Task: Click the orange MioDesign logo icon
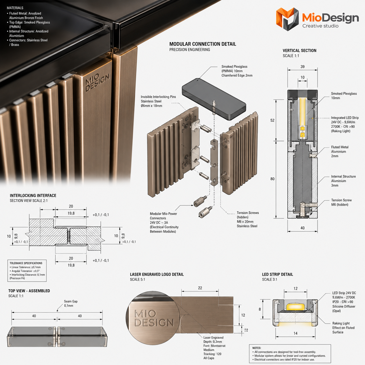click(x=287, y=19)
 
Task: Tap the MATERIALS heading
click(x=15, y=8)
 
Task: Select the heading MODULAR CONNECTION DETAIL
click(x=203, y=44)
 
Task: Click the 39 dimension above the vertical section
click(x=302, y=67)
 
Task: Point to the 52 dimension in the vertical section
click(x=272, y=120)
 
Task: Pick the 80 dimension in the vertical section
click(x=272, y=179)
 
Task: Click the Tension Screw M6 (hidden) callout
click(x=341, y=202)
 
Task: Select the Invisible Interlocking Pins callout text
click(x=158, y=101)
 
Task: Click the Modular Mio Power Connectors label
click(x=164, y=216)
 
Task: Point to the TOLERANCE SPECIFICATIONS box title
click(x=26, y=263)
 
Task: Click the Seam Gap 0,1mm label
click(x=70, y=304)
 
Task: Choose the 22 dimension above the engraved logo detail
click(x=200, y=288)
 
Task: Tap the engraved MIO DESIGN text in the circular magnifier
click(x=154, y=318)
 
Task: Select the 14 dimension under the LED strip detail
click(x=295, y=333)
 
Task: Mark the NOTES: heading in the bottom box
click(x=257, y=348)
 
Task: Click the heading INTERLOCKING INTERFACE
click(x=33, y=196)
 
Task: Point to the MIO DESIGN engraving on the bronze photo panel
click(x=97, y=82)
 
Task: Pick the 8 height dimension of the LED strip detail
click(x=260, y=309)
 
